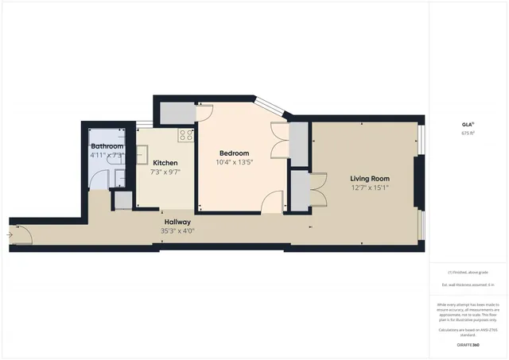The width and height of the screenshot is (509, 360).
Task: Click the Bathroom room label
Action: click(107, 147)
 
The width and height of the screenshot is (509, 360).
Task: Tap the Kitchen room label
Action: click(165, 163)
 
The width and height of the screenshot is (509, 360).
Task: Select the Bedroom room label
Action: click(234, 153)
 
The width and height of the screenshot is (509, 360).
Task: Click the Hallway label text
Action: click(177, 222)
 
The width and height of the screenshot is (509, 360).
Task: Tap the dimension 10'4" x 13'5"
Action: click(234, 162)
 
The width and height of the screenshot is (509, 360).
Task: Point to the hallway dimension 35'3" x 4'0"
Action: click(177, 231)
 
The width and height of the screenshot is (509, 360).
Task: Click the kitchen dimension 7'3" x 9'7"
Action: click(165, 172)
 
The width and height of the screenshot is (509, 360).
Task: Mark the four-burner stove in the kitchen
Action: click(186, 135)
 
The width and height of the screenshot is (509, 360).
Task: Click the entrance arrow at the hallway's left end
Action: click(10, 234)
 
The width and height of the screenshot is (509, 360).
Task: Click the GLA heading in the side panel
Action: click(468, 125)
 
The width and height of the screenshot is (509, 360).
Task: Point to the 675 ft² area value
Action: click(468, 134)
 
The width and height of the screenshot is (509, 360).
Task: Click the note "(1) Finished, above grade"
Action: click(468, 271)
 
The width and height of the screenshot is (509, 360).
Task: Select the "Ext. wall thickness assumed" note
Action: click(468, 285)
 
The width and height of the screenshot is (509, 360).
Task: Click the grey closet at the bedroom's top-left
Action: click(176, 114)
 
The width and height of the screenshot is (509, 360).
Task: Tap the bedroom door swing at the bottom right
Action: click(273, 202)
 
